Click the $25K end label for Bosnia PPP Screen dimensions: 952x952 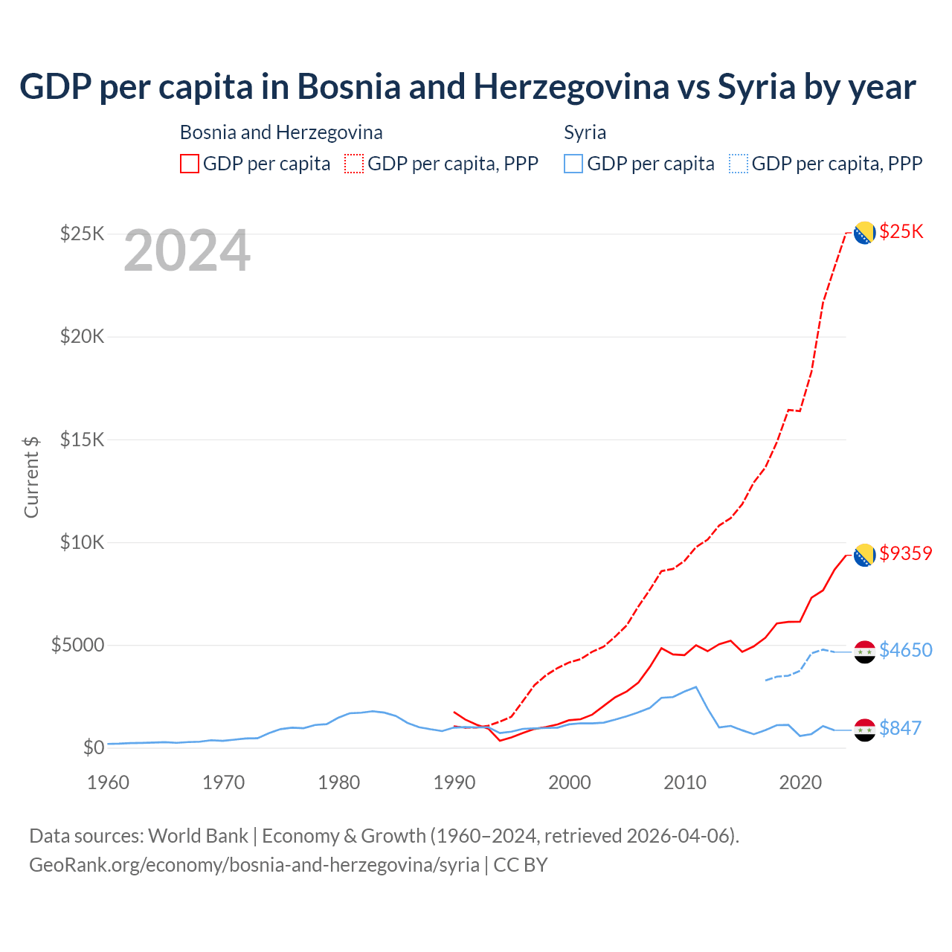click(901, 231)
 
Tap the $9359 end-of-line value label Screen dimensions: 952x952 click(905, 553)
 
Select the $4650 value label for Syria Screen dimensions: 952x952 click(905, 650)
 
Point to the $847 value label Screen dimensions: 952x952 click(900, 728)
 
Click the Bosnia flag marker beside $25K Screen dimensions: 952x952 click(864, 234)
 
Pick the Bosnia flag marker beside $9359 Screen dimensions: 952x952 click(864, 555)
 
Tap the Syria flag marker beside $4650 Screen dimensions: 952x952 click(864, 652)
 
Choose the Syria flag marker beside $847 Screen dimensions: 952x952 click(864, 730)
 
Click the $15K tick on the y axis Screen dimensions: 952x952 click(83, 440)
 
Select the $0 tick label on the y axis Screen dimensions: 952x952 click(93, 747)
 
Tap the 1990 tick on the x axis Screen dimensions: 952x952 click(454, 782)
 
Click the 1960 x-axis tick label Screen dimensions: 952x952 click(109, 782)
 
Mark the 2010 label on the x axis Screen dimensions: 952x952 click(685, 782)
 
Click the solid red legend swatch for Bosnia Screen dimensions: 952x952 click(190, 164)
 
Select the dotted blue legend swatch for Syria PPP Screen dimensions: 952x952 click(739, 164)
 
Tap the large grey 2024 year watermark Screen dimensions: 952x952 click(187, 251)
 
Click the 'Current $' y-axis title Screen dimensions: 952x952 click(31, 477)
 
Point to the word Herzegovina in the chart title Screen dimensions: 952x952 click(571, 87)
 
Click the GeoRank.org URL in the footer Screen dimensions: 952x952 click(254, 865)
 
